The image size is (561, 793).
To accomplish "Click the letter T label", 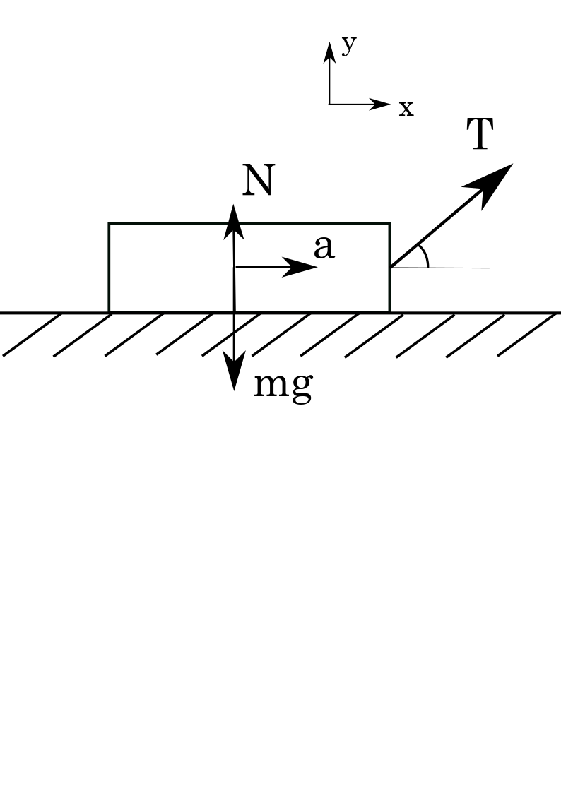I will [x=480, y=135].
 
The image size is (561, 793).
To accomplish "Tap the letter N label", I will [x=257, y=181].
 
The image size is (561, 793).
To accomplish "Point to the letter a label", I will [x=324, y=249].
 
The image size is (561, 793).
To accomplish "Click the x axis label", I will [x=406, y=109].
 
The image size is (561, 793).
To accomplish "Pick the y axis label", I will [x=348, y=46].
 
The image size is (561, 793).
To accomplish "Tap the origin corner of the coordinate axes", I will [x=329, y=105].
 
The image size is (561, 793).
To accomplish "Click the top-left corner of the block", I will [x=109, y=224].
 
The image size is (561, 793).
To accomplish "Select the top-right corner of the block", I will [x=389, y=224].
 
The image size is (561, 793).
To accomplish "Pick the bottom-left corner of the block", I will [x=109, y=311].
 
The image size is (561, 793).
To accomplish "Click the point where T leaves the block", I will [x=390, y=268].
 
